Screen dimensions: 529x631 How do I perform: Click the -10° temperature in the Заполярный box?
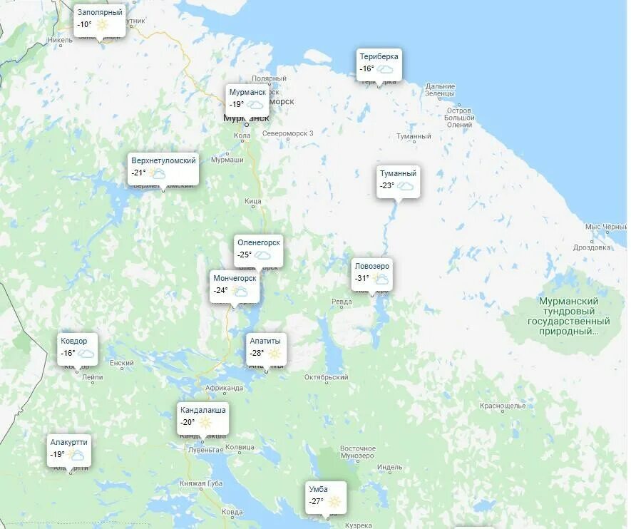click(x=84, y=24)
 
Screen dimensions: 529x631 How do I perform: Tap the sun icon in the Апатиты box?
click(x=275, y=353)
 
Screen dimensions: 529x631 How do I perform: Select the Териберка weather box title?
click(x=379, y=56)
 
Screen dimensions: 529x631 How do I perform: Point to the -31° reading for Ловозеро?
click(x=361, y=279)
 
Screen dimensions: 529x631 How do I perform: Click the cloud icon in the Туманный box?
click(x=406, y=186)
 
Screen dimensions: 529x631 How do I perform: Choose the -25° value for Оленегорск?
click(x=245, y=255)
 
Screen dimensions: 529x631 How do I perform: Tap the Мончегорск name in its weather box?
click(x=235, y=278)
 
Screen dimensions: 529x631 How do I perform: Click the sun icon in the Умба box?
click(x=334, y=502)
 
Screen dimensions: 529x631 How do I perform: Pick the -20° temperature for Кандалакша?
click(x=188, y=422)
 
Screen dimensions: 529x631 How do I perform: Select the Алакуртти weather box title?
click(x=69, y=442)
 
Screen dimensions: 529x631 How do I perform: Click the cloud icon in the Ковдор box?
click(x=86, y=353)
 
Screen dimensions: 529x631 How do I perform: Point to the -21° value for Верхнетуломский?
click(x=138, y=173)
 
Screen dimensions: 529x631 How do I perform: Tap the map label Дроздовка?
click(x=592, y=247)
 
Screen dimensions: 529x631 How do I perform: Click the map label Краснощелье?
click(x=503, y=406)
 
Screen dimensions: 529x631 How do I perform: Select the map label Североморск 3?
click(x=287, y=133)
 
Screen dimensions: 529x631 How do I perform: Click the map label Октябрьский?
click(x=326, y=377)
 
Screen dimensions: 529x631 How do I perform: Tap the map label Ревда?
click(x=342, y=302)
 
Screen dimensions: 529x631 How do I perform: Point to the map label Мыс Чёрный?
click(x=605, y=227)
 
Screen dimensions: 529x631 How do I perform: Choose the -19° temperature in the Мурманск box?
click(x=237, y=104)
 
